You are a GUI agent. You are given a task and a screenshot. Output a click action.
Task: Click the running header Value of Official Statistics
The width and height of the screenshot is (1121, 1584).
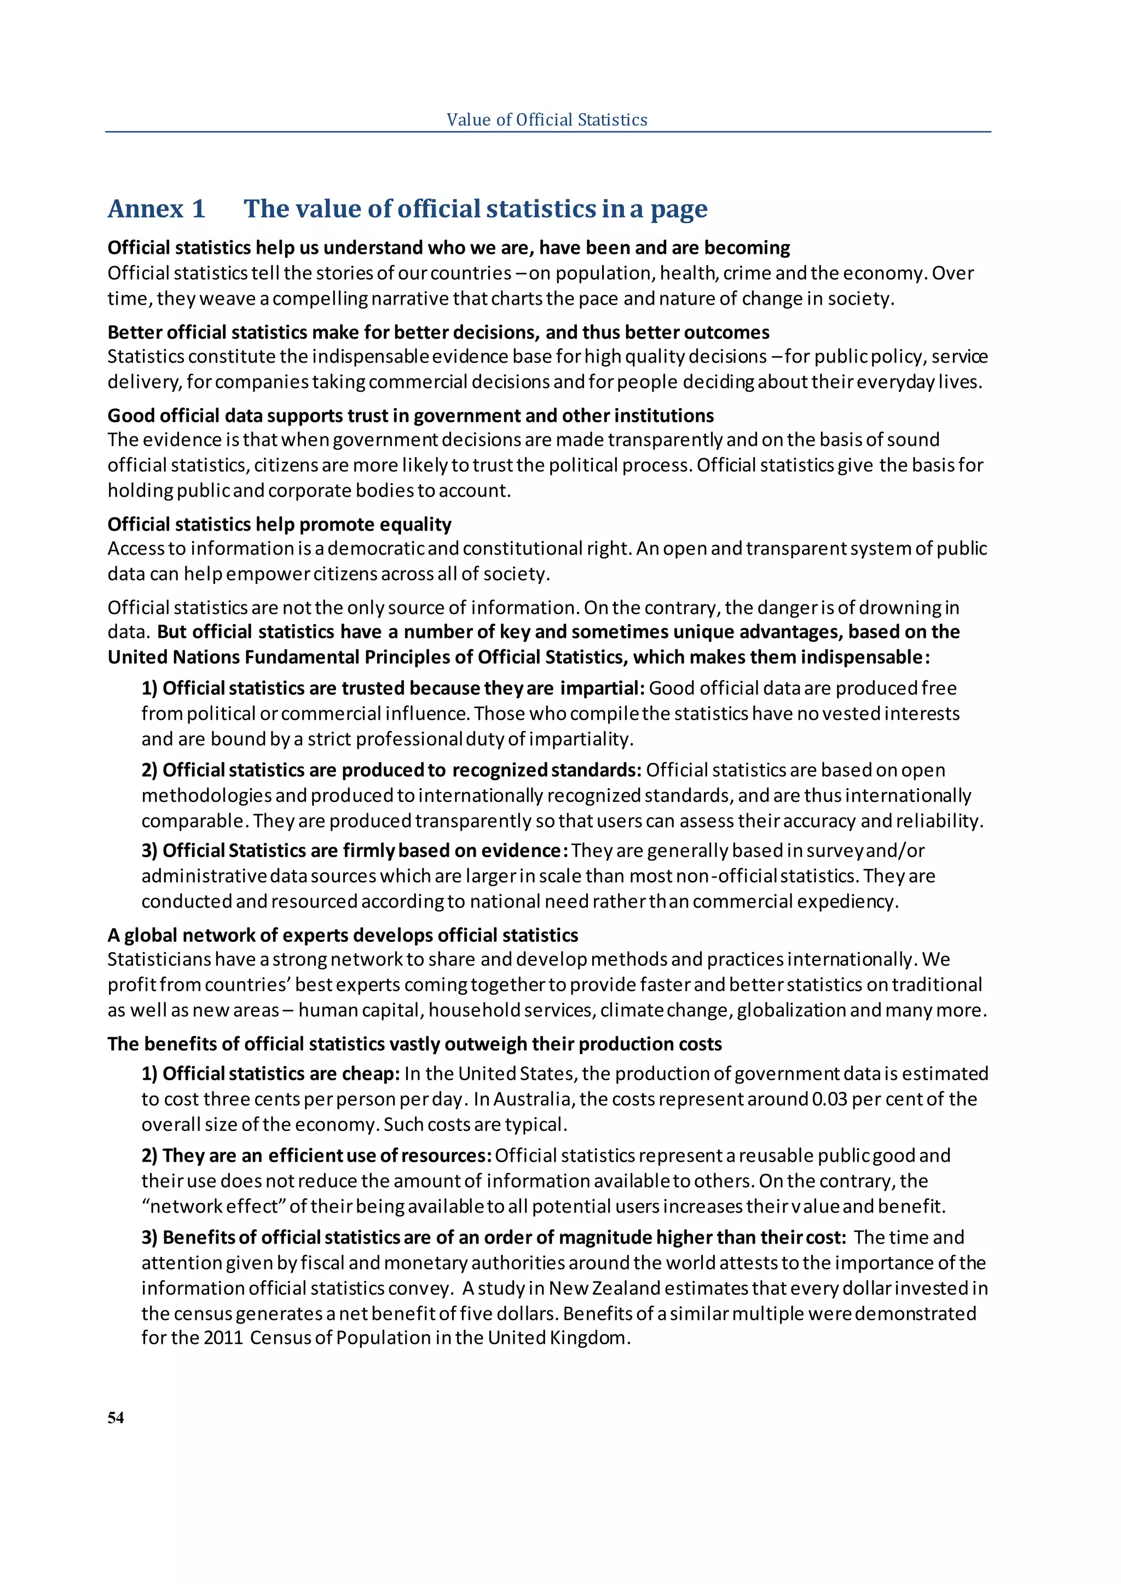point(547,120)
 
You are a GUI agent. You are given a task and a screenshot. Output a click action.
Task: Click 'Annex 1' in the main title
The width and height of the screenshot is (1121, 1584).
point(157,209)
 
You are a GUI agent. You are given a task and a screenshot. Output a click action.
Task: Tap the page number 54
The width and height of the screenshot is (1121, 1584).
point(116,1418)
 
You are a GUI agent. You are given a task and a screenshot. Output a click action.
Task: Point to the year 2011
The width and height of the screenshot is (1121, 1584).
point(223,1338)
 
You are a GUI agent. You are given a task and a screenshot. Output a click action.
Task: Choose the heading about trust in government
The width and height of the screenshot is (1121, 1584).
point(410,416)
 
